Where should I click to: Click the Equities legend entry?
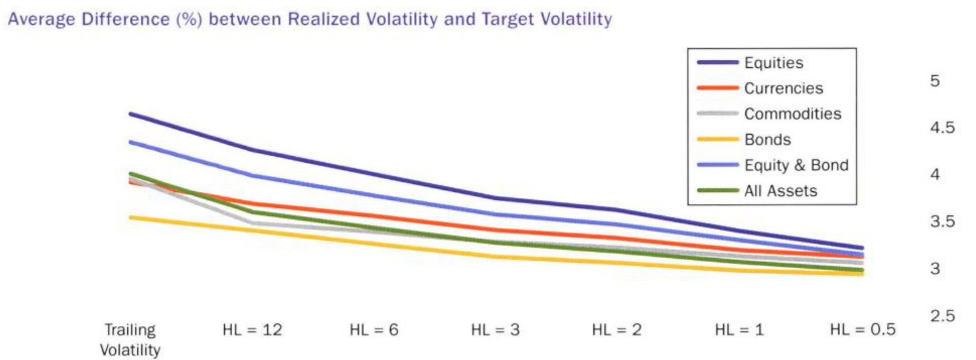tap(773, 63)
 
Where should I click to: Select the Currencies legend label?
tap(783, 89)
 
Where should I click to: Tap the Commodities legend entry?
tap(793, 114)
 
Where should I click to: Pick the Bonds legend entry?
tap(767, 140)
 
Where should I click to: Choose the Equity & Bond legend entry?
tap(796, 165)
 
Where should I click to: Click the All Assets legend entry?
tap(781, 191)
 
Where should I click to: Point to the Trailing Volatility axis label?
tap(130, 339)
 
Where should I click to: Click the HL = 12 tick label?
tap(251, 330)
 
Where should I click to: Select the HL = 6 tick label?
tap(374, 330)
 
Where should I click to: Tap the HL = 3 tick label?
tap(495, 330)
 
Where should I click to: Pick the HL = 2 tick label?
tap(617, 330)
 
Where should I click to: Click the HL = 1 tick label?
tap(739, 330)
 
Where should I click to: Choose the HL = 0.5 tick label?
tap(863, 330)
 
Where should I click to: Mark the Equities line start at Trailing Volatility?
tap(131, 114)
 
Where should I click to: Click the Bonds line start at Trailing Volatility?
tap(131, 217)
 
